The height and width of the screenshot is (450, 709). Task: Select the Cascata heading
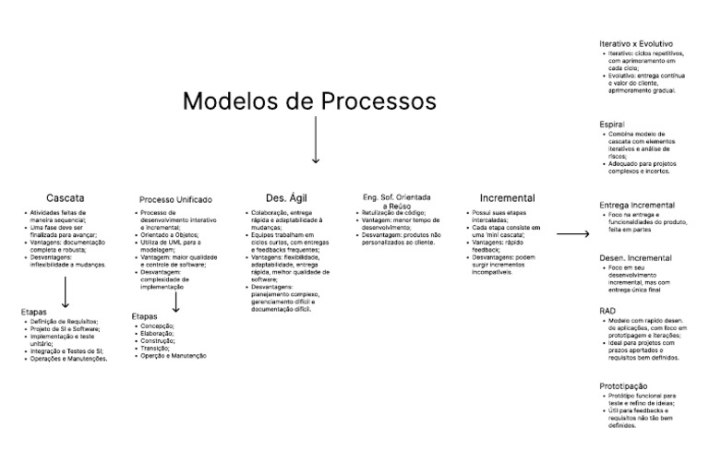point(66,197)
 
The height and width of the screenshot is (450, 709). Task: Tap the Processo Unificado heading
point(175,199)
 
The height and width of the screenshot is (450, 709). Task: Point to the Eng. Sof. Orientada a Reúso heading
point(397,202)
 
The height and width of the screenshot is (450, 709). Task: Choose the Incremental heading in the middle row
point(507,197)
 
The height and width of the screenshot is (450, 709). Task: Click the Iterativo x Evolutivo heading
point(636,43)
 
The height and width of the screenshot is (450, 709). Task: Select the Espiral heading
point(612,124)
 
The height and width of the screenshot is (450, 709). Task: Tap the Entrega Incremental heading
point(637,205)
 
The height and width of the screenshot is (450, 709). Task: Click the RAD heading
point(607,311)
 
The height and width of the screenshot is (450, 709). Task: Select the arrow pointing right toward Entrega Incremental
point(572,234)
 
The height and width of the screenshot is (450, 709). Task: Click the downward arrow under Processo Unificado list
point(175,302)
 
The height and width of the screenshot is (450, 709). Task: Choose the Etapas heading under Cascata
point(33,312)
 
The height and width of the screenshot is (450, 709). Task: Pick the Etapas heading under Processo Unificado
point(144,316)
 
